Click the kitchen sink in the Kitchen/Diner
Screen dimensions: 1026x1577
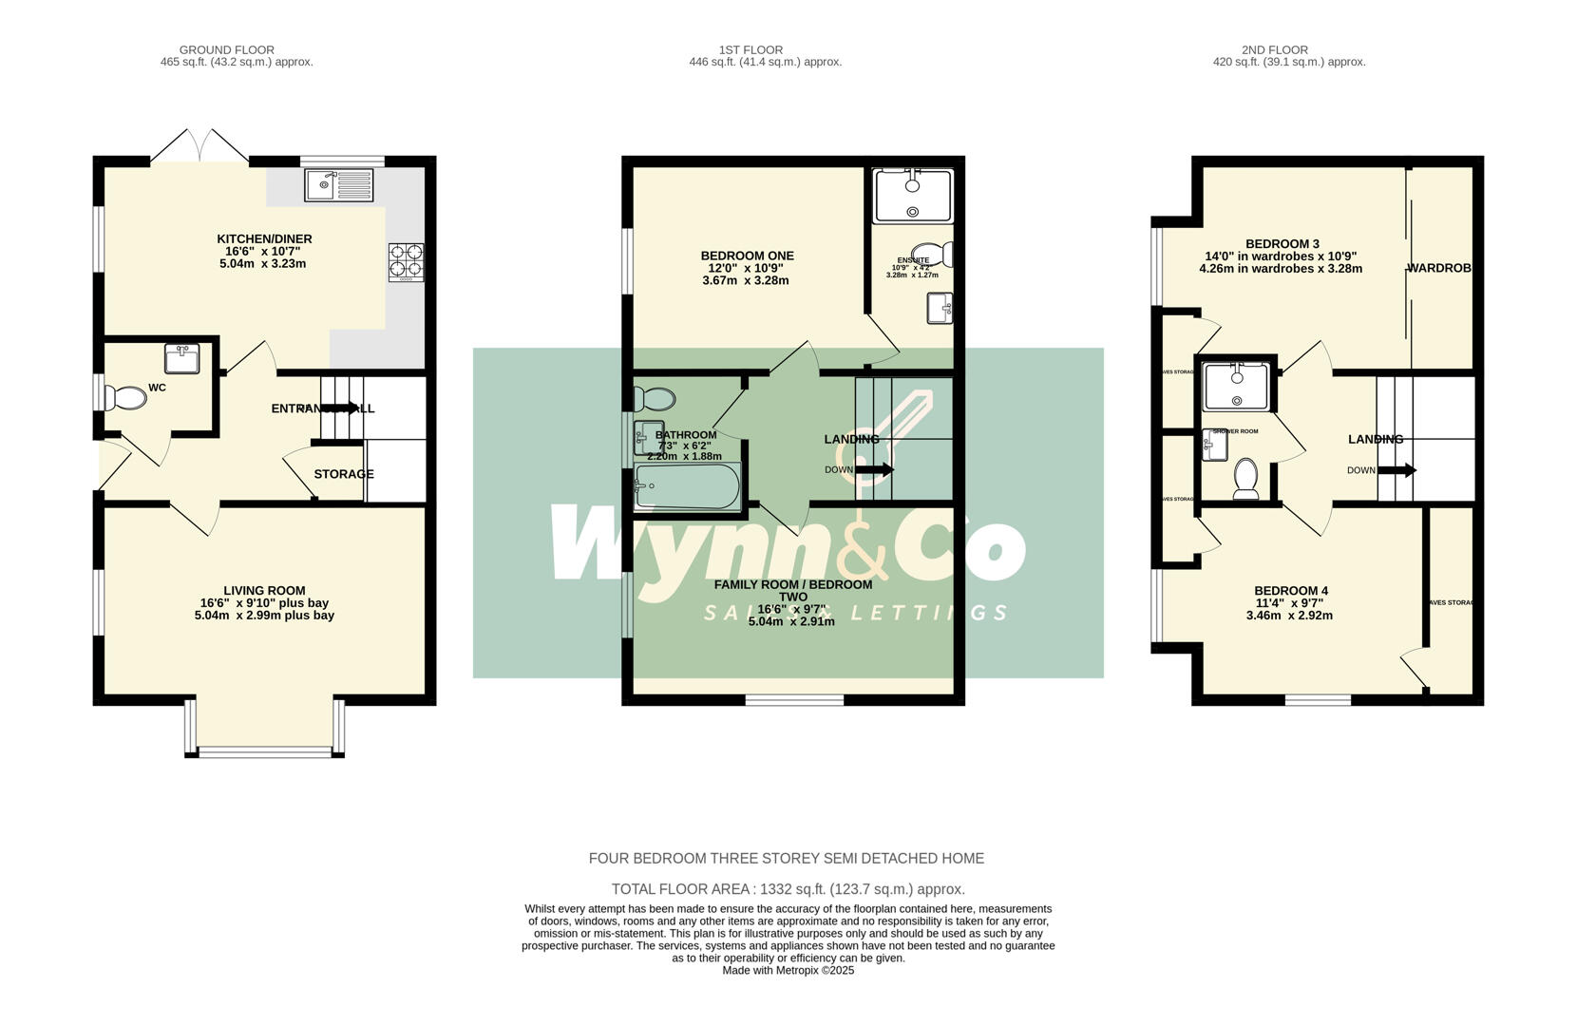340,184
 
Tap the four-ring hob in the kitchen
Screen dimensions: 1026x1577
406,262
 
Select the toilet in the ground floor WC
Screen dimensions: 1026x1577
125,397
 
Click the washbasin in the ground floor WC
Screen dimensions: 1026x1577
181,359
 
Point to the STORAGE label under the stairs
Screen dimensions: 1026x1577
344,474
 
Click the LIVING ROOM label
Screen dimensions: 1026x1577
264,590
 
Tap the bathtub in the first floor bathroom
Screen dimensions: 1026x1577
686,486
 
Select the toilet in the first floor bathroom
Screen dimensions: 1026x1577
654,398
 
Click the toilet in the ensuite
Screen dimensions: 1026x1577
937,255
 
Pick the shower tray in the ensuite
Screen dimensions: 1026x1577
912,195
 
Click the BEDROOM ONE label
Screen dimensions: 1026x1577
747,256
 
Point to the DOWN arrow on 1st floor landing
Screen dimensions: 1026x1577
874,469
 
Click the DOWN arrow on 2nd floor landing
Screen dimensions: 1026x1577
1396,470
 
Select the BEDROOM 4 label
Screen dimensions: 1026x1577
1290,590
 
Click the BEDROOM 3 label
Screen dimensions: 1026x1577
1282,244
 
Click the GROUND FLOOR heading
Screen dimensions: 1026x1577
226,49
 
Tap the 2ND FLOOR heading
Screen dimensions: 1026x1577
1274,49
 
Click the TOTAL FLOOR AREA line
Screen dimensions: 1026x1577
788,889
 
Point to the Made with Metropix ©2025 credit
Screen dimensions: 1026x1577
788,970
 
